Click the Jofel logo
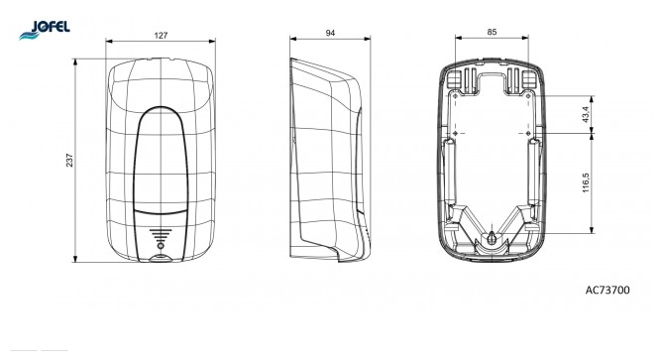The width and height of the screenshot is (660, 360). click(45, 30)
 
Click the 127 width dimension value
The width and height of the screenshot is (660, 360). click(161, 36)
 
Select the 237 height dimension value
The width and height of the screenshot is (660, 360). click(69, 160)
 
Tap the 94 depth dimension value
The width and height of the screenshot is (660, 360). click(330, 33)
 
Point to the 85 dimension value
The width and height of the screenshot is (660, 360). click(492, 32)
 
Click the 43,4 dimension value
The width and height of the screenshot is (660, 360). click(587, 114)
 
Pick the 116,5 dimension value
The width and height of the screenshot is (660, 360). click(587, 182)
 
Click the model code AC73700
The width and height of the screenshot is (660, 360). click(607, 290)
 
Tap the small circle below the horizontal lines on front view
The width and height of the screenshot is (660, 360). click(161, 246)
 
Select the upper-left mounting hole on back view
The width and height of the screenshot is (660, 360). click(455, 96)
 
